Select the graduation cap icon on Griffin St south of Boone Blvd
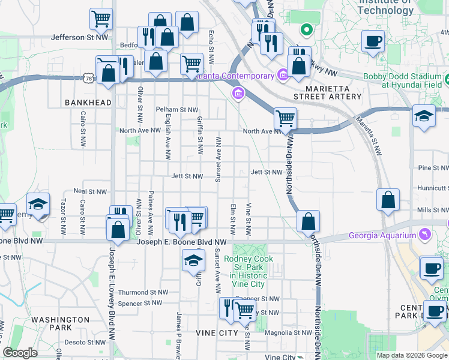point(193,260)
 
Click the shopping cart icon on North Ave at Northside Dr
point(285,118)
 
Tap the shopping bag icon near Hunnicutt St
point(388,200)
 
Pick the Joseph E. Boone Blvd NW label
point(182,242)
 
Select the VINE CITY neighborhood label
point(217,332)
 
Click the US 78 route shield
point(89,79)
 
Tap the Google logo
point(20,353)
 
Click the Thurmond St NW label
point(141,292)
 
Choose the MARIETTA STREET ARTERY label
point(328,92)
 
